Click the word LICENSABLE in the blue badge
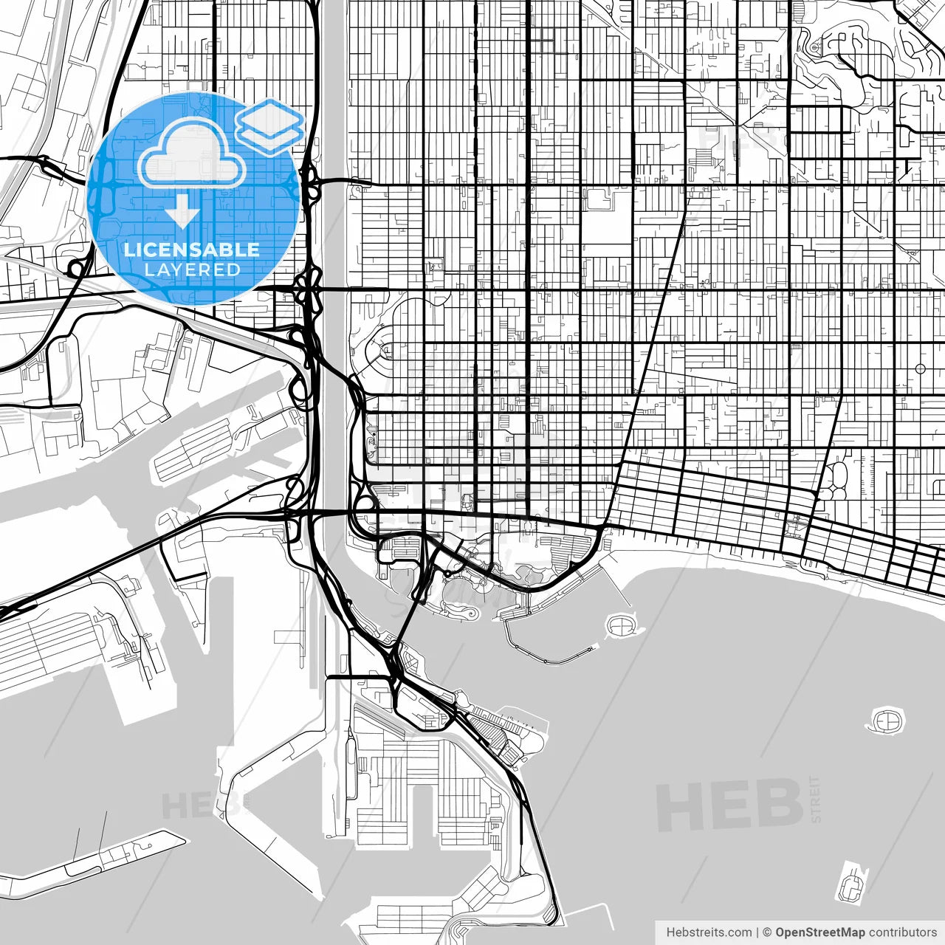click(192, 250)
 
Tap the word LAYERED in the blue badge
click(192, 269)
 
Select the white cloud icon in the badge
click(192, 154)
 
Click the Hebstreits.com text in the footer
click(709, 932)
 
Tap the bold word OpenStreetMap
click(819, 932)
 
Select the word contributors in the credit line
click(903, 932)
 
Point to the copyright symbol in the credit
click(768, 932)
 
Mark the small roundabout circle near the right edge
click(920, 368)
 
